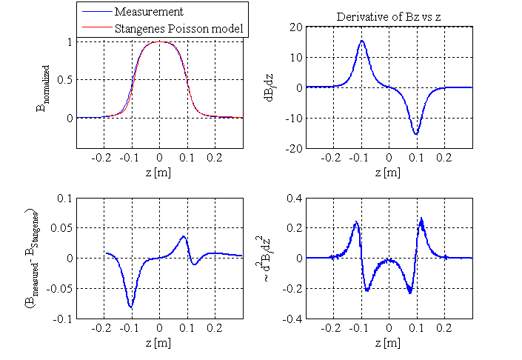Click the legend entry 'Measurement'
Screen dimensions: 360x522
point(149,13)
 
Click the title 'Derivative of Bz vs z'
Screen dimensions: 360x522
point(389,16)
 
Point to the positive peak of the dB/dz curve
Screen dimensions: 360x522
point(362,41)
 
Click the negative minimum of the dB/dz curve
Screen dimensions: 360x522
point(416,134)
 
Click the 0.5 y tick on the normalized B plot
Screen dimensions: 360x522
point(66,80)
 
